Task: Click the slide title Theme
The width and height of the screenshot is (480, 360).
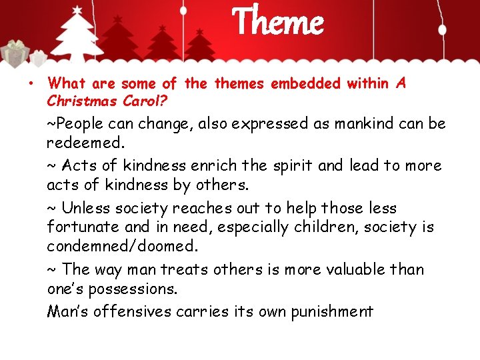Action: [x=277, y=22]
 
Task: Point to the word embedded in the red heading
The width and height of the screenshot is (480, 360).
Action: [x=305, y=83]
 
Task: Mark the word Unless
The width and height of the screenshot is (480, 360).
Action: [x=87, y=209]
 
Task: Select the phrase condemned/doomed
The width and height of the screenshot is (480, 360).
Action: [x=122, y=246]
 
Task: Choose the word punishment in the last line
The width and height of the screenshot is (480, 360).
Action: [x=331, y=311]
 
